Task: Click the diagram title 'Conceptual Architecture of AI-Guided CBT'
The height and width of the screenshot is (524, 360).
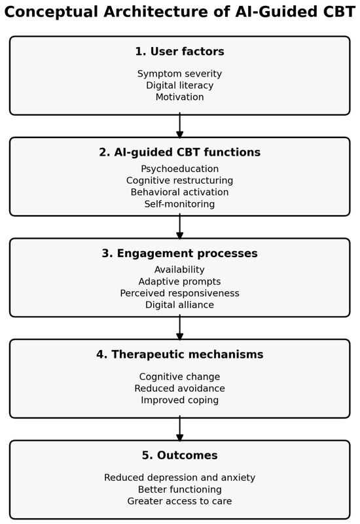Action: [180, 12]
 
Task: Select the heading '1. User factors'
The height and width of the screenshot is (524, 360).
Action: [180, 52]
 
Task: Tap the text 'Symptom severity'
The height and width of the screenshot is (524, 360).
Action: [180, 74]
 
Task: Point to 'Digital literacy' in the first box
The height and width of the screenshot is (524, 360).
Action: [180, 85]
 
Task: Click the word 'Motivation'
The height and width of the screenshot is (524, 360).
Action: [180, 97]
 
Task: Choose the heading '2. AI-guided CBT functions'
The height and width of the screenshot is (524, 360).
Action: [180, 152]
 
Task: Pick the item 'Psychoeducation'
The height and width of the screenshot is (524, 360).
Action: [180, 169]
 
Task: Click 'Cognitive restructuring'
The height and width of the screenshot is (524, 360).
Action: [180, 181]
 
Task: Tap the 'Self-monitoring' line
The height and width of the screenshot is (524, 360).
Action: [180, 204]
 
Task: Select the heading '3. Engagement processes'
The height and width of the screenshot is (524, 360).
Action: [180, 253]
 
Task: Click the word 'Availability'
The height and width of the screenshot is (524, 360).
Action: [180, 270]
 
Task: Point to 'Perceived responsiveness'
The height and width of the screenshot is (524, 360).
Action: [180, 293]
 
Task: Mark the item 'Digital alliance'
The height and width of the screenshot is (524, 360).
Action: [180, 305]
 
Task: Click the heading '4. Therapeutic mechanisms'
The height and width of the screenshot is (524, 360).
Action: [180, 354]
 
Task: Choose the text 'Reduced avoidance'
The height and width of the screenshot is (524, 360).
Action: [180, 389]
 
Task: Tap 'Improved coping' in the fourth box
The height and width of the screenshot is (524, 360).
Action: [180, 400]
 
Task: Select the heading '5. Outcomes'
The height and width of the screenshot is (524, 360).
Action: [180, 455]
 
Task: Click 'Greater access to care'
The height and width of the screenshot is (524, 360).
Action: [180, 501]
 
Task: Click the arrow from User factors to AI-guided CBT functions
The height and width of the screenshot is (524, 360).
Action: [180, 126]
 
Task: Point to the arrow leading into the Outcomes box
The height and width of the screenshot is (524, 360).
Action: [180, 428]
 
